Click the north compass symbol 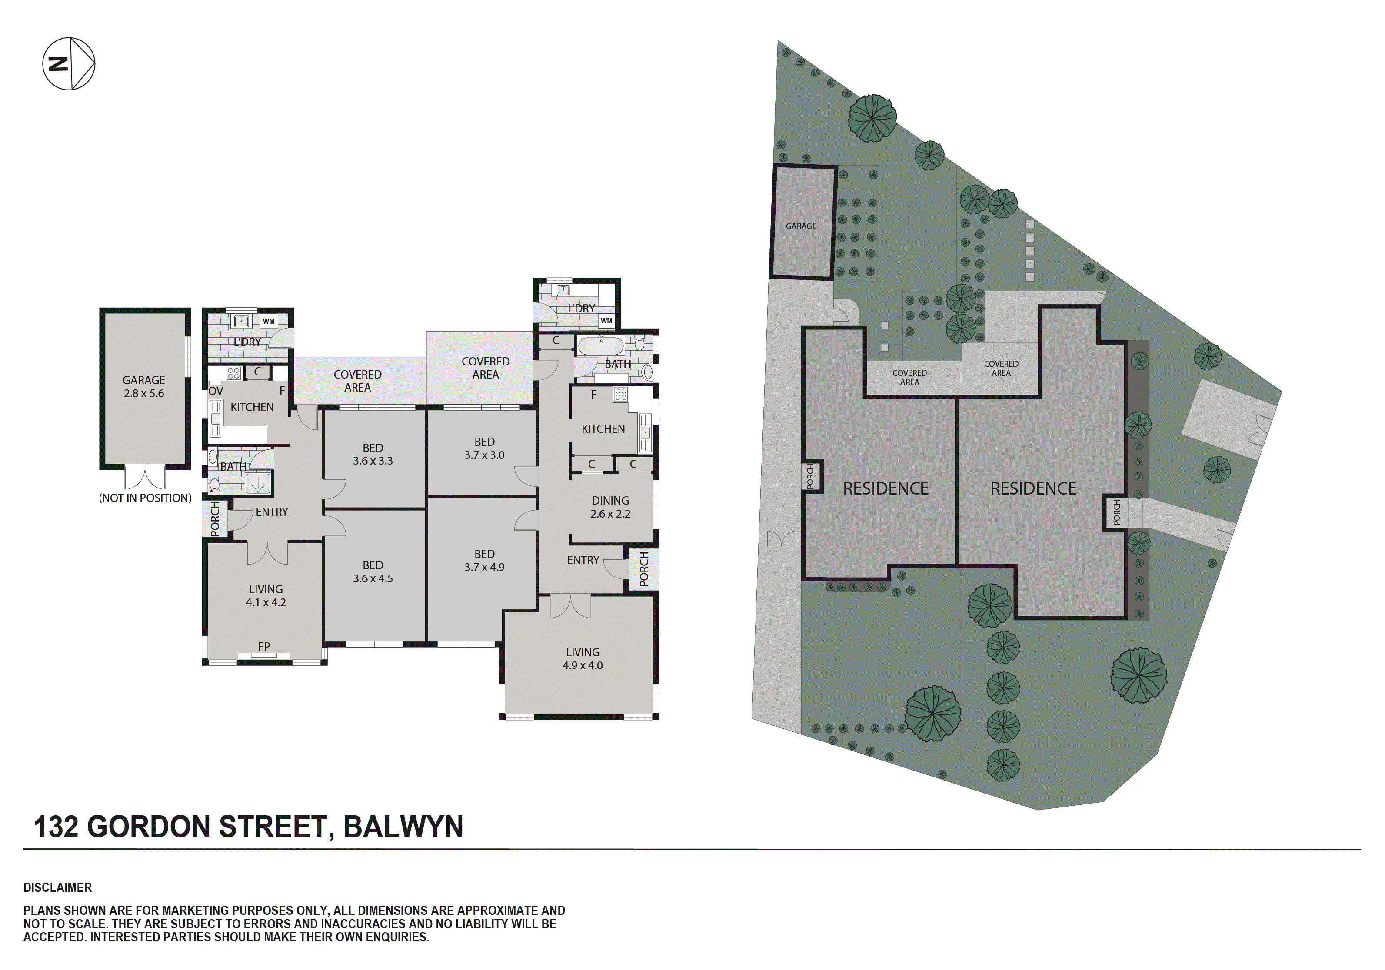pyautogui.click(x=68, y=63)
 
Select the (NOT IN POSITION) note pyautogui.click(x=145, y=498)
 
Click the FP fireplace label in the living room pyautogui.click(x=263, y=647)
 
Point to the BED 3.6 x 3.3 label pyautogui.click(x=373, y=454)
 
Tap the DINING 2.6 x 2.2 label pyautogui.click(x=610, y=507)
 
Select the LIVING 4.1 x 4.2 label pyautogui.click(x=266, y=595)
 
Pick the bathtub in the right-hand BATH pyautogui.click(x=600, y=345)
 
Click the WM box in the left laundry pyautogui.click(x=268, y=321)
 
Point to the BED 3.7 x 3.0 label pyautogui.click(x=484, y=448)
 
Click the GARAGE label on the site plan pyautogui.click(x=801, y=226)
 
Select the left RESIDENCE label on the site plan pyautogui.click(x=886, y=488)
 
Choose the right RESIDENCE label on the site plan pyautogui.click(x=1033, y=488)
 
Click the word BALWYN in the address pyautogui.click(x=403, y=827)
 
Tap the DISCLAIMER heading pyautogui.click(x=58, y=887)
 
